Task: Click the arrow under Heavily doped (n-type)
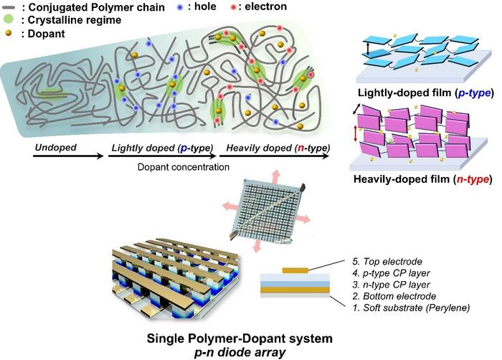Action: pyautogui.click(x=277, y=158)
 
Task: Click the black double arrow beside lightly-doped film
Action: pyautogui.click(x=368, y=49)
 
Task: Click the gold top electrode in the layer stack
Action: pyautogui.click(x=295, y=270)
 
